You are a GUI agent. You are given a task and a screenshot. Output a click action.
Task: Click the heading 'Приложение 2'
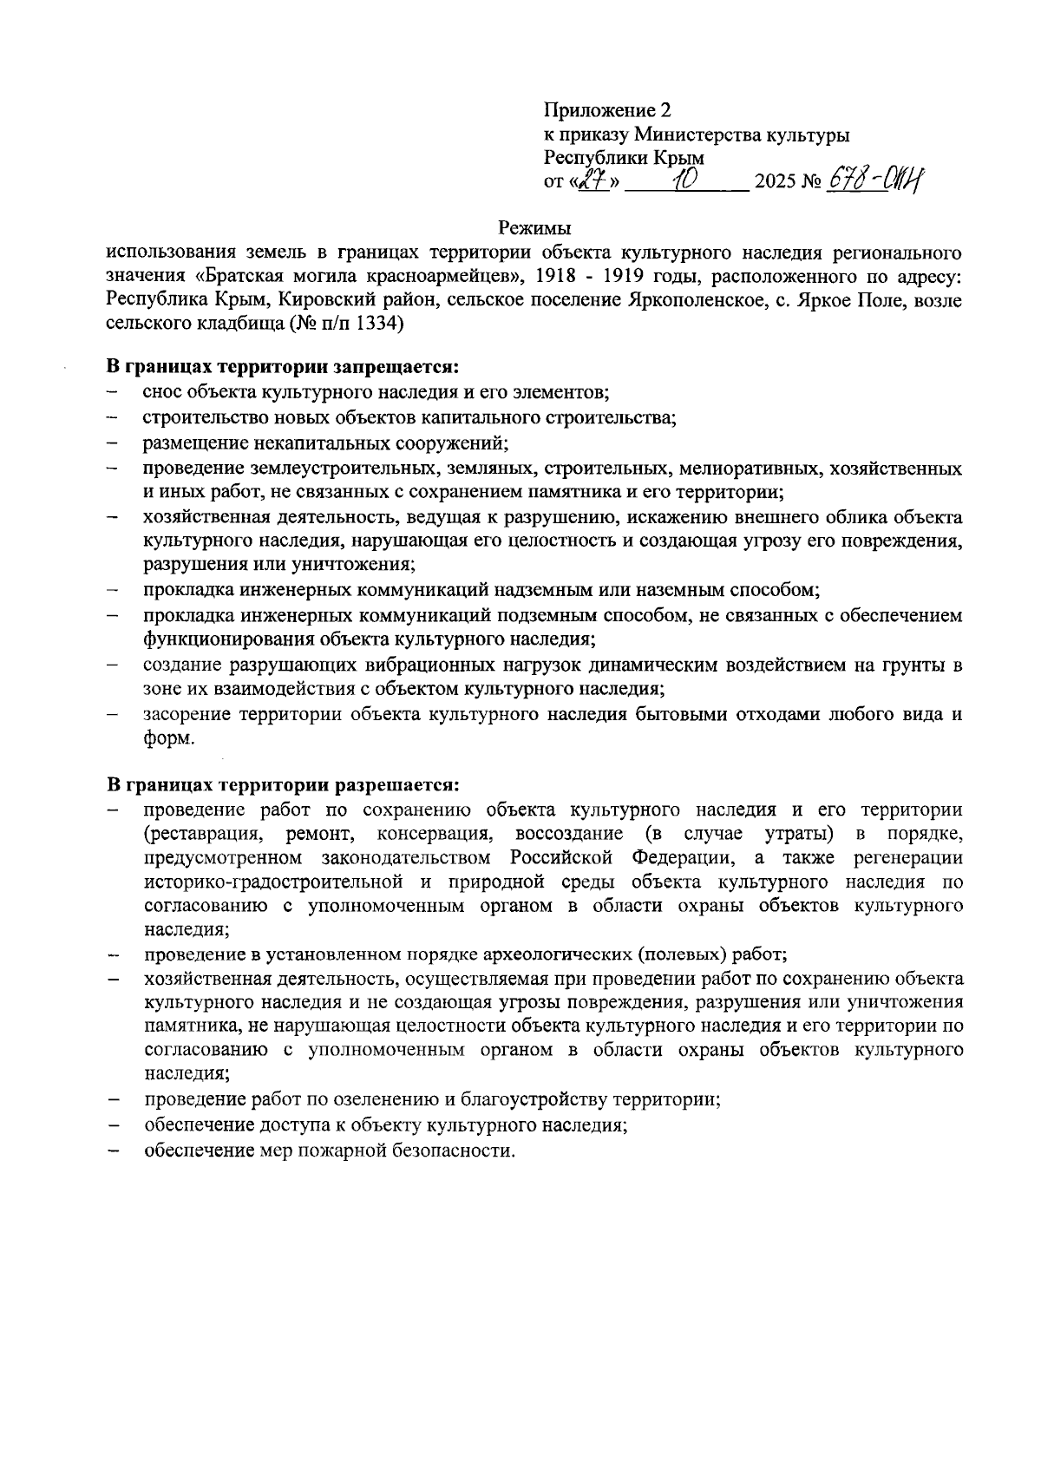pos(607,110)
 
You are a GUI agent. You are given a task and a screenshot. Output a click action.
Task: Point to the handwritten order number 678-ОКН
pos(875,180)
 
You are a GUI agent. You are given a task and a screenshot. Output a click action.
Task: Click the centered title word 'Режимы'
pos(534,229)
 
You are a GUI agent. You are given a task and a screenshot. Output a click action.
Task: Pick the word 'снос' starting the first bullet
pos(162,392)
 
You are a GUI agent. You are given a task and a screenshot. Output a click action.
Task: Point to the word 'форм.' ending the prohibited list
pos(169,738)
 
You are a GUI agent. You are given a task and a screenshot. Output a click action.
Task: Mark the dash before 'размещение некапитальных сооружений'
pos(113,443)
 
